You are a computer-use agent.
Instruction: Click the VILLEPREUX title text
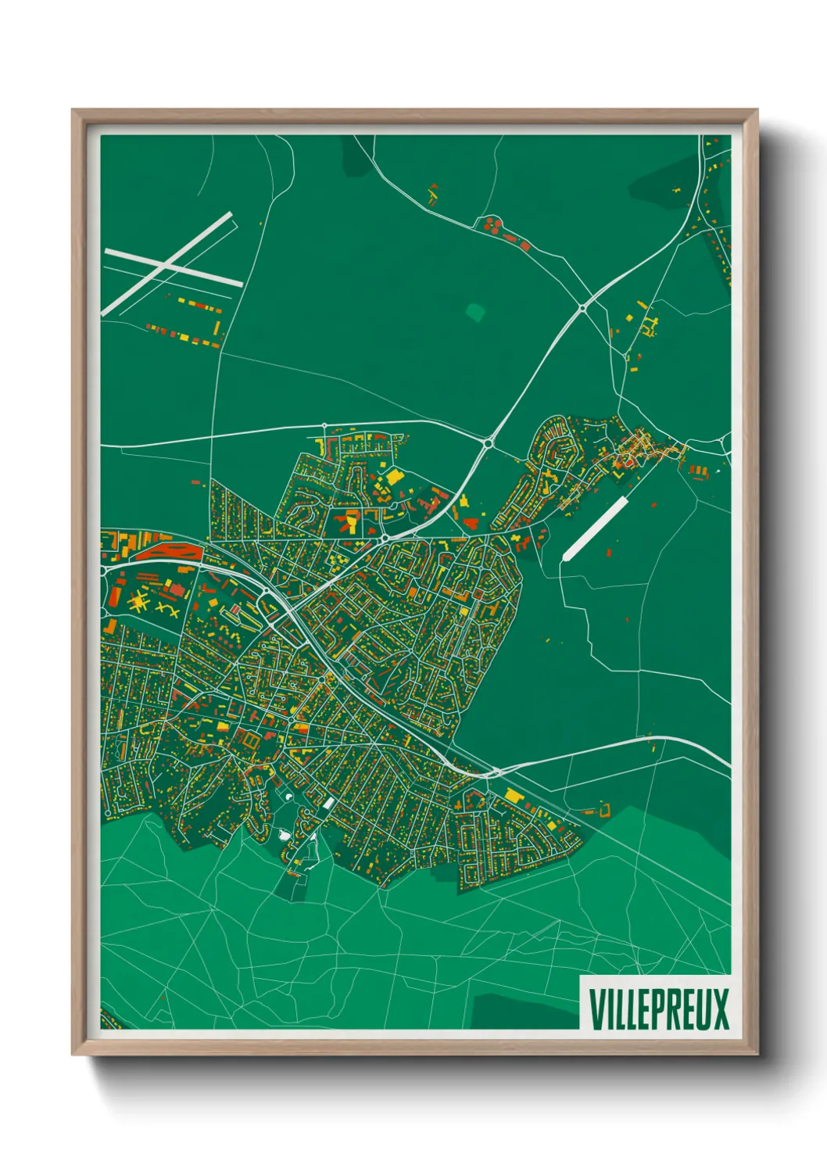pyautogui.click(x=658, y=1008)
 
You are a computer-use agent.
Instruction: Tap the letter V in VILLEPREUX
pyautogui.click(x=596, y=1008)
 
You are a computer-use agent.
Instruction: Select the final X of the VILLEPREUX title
pyautogui.click(x=719, y=1008)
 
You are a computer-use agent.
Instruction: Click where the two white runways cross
pyautogui.click(x=166, y=264)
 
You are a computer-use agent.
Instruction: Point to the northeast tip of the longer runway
pyautogui.click(x=231, y=214)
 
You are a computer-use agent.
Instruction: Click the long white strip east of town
pyautogui.click(x=595, y=528)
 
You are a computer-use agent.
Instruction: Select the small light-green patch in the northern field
pyautogui.click(x=474, y=312)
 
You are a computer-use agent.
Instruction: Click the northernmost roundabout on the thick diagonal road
pyautogui.click(x=583, y=309)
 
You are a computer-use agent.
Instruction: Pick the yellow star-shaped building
pyautogui.click(x=139, y=602)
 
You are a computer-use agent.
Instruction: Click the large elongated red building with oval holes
pyautogui.click(x=166, y=552)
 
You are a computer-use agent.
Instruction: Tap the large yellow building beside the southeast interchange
pyautogui.click(x=514, y=795)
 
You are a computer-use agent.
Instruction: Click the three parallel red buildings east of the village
pyautogui.click(x=697, y=470)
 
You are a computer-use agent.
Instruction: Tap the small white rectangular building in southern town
pyautogui.click(x=328, y=803)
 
